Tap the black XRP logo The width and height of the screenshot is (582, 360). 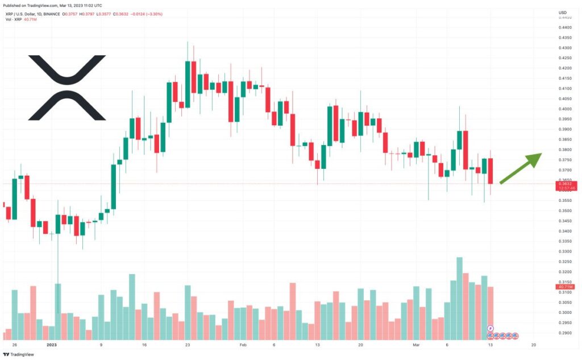(67, 88)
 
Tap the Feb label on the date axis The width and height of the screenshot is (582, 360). (243, 345)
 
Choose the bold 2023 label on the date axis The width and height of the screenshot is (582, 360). (52, 345)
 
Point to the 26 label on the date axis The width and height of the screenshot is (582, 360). (14, 345)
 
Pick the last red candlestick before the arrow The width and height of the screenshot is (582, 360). (490, 171)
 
